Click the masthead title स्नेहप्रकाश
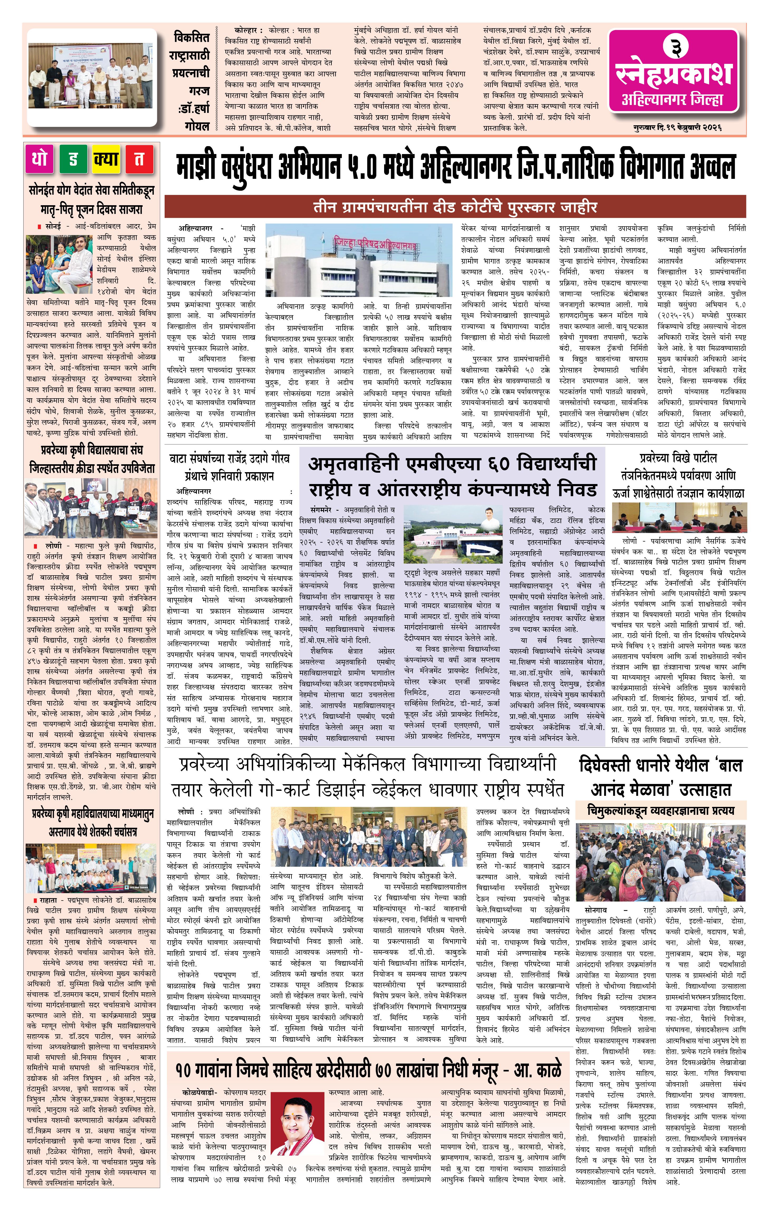tap(673, 73)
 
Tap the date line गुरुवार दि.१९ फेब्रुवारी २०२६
tap(677, 128)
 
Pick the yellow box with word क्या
tap(106, 159)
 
